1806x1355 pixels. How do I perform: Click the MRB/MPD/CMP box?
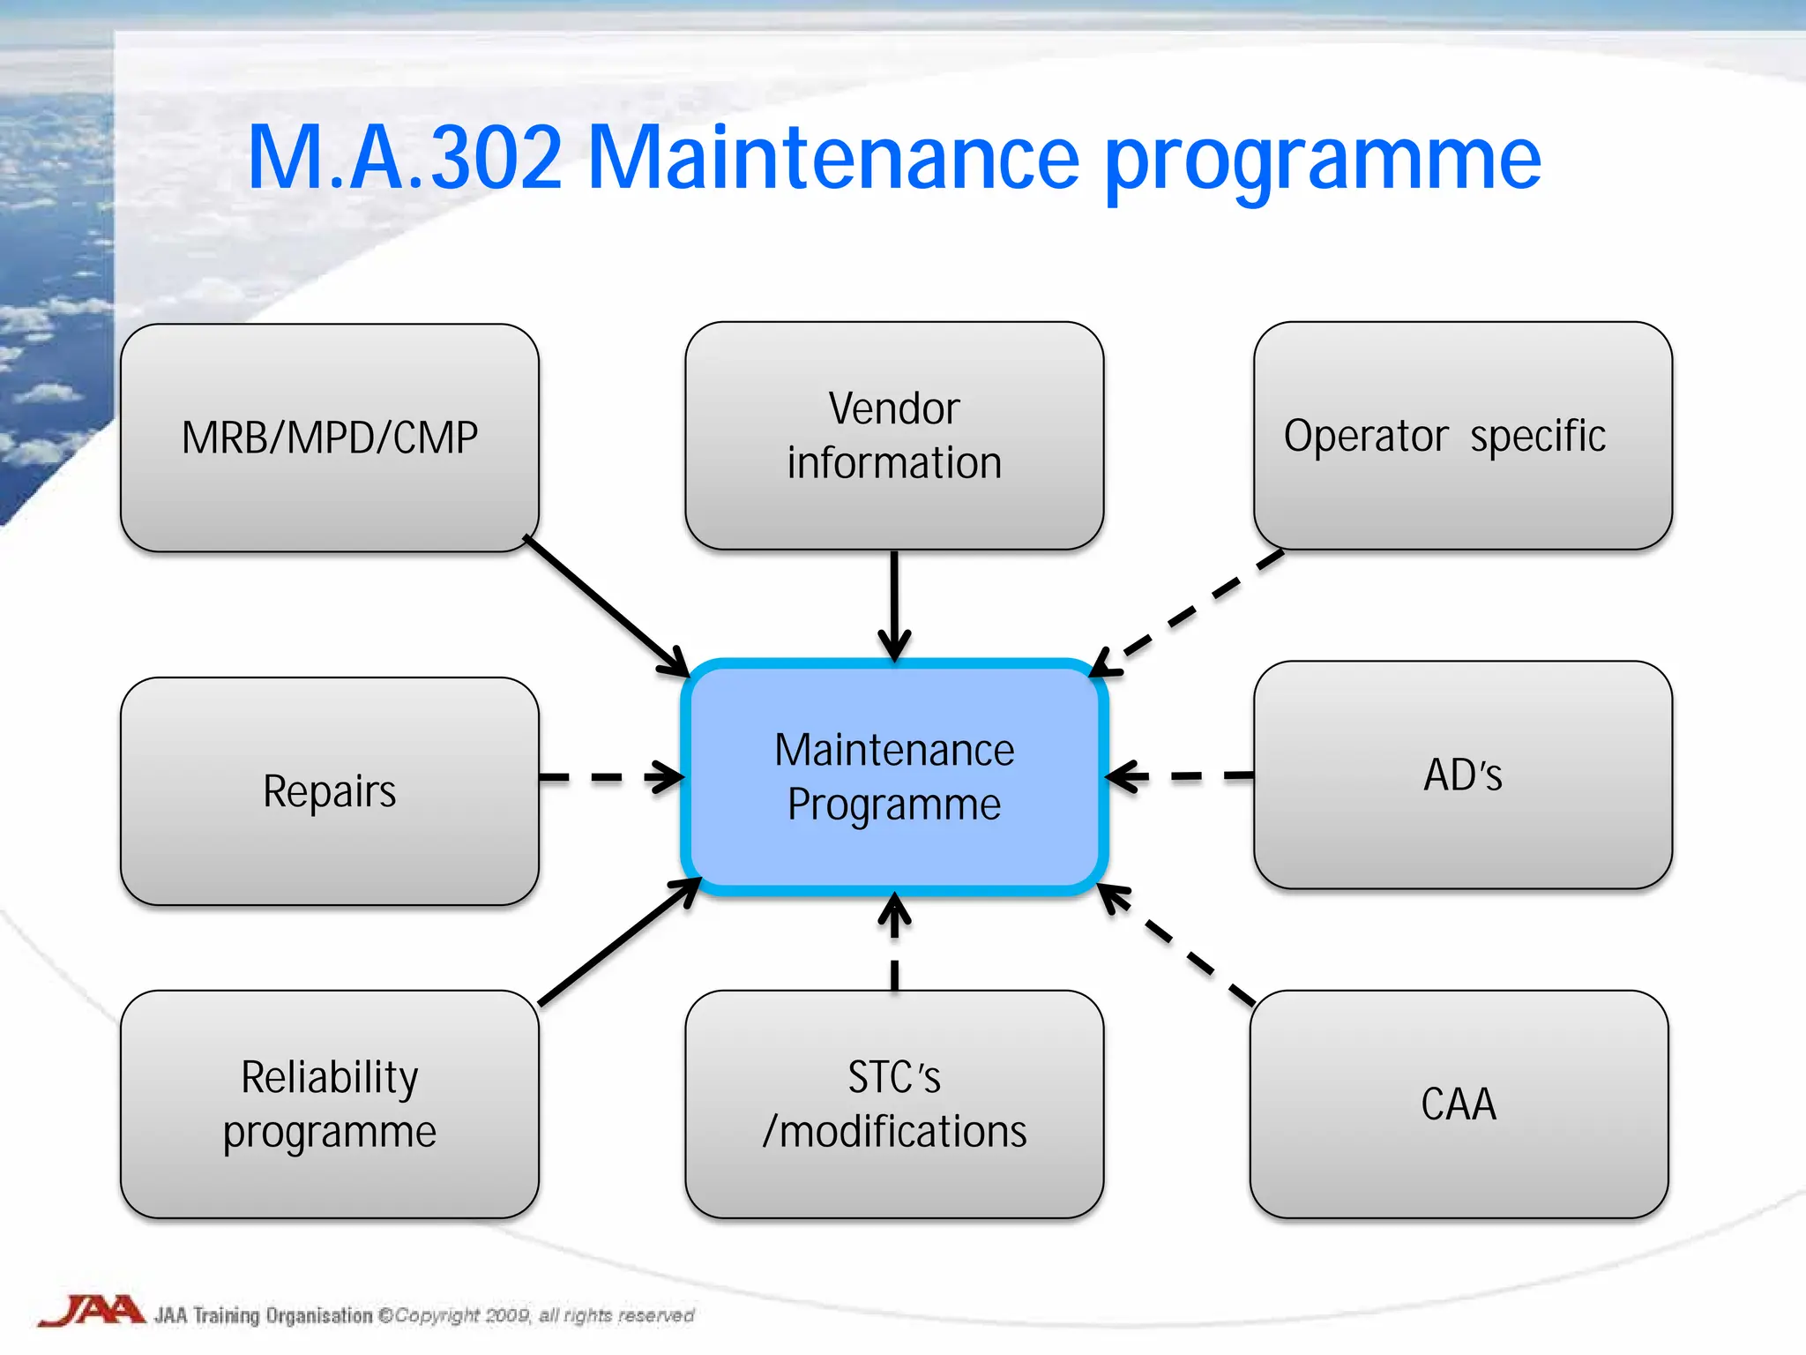[x=329, y=438]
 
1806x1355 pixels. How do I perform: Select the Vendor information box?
[x=893, y=436]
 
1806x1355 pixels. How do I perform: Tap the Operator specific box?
[x=1462, y=436]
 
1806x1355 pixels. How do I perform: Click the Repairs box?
[x=329, y=791]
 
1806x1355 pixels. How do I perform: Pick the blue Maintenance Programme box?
[x=893, y=777]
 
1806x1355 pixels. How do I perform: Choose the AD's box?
[x=1462, y=775]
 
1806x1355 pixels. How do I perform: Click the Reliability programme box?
[x=329, y=1104]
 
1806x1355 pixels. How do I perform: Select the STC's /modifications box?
[x=893, y=1104]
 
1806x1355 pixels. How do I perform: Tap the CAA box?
[x=1459, y=1104]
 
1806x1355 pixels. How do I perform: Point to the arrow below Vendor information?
[x=894, y=604]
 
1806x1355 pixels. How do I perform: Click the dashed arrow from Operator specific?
[x=1190, y=611]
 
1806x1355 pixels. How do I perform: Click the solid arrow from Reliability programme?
[x=617, y=943]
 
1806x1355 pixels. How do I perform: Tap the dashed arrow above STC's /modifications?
[x=894, y=942]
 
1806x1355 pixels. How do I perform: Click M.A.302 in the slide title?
[x=405, y=159]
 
